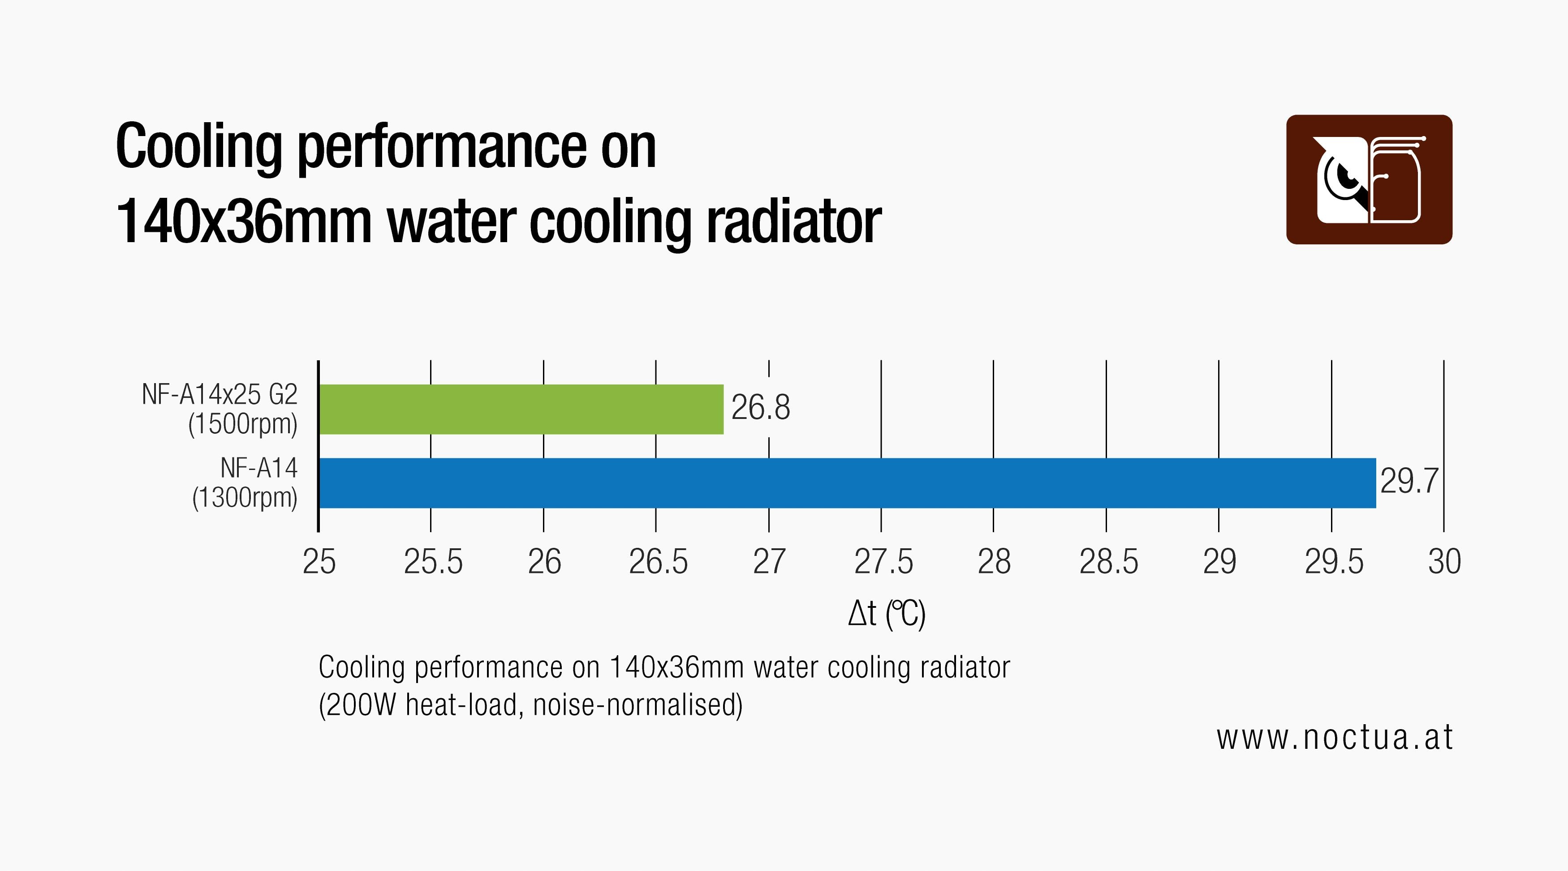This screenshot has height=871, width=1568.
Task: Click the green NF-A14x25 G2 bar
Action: point(521,410)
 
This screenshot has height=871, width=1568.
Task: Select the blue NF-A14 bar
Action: point(846,483)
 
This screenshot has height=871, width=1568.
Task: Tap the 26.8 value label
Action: point(760,407)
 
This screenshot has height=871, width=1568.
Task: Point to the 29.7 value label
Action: point(1409,481)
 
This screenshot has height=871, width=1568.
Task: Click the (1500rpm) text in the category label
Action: point(243,424)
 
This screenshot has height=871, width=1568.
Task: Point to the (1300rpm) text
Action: point(245,498)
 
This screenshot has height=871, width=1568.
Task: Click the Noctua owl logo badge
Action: point(1369,179)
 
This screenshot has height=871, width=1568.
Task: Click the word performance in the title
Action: point(442,147)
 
